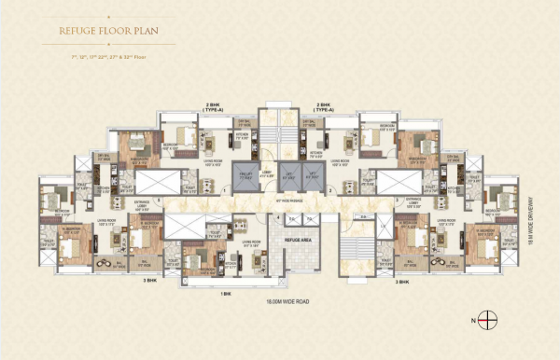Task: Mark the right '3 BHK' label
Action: click(x=403, y=280)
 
